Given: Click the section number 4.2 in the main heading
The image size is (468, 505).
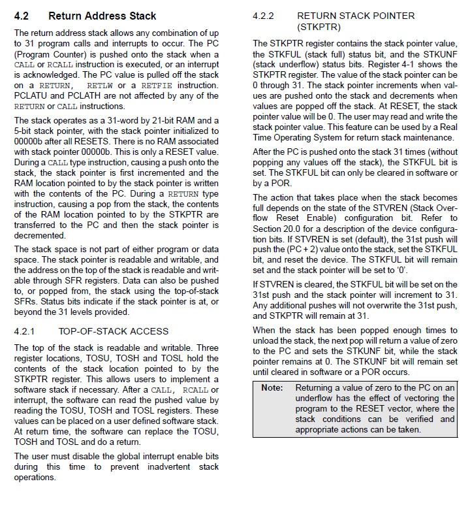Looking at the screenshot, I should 22,15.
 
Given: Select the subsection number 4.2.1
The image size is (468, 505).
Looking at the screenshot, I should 26,331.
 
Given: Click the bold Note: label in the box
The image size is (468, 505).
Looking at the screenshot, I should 272,388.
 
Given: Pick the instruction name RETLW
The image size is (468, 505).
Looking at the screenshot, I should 99,86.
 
